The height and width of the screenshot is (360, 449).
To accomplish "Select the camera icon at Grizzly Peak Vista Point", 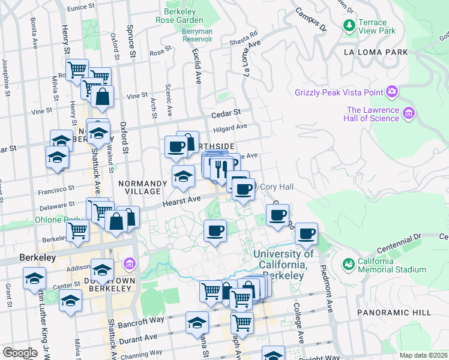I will click(x=392, y=92).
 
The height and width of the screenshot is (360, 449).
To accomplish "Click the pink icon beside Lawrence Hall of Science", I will click(x=409, y=113).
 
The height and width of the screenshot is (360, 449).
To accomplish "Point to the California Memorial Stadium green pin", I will click(x=348, y=264).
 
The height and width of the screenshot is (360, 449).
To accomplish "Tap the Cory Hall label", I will click(x=276, y=187).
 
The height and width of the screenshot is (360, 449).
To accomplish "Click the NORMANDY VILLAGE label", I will click(x=139, y=187).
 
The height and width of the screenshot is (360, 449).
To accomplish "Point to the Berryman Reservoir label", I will click(x=198, y=34).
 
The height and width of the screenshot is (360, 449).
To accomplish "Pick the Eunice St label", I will click(x=82, y=8).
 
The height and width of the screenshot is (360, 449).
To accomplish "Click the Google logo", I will click(x=20, y=353).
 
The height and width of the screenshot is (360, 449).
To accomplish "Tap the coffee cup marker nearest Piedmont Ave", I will click(x=306, y=234).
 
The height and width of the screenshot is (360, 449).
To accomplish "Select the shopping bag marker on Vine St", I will click(x=103, y=97).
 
